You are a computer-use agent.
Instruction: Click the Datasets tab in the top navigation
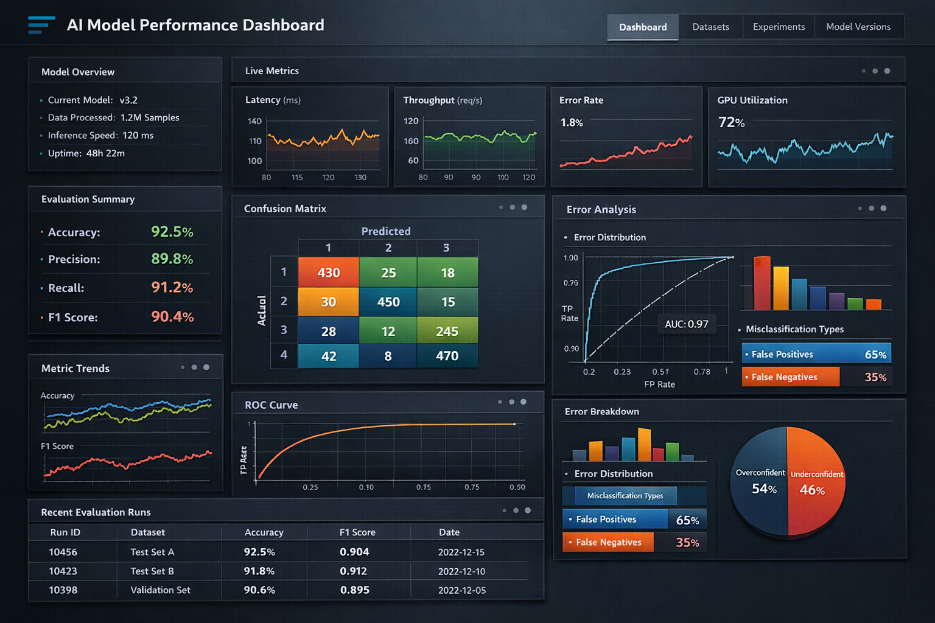coord(710,27)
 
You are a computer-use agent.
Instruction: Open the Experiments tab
coord(779,27)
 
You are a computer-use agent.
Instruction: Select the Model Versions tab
coord(858,27)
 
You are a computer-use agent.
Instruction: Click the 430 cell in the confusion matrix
coord(329,273)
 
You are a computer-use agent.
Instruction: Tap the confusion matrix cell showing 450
coord(388,302)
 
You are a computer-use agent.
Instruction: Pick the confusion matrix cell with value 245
coord(447,331)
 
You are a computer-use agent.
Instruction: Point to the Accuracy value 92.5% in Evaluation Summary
coord(172,232)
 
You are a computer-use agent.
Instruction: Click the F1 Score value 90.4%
coord(172,316)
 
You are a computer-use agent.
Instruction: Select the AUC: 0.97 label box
coord(687,324)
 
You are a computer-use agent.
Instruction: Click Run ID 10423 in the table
coord(63,571)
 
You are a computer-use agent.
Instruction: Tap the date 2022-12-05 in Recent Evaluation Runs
coord(462,590)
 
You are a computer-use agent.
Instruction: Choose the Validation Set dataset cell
coord(160,590)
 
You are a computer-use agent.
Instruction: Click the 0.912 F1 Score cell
coord(354,571)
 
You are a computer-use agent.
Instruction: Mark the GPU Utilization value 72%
coord(731,122)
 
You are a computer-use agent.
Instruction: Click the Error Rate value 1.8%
coord(572,122)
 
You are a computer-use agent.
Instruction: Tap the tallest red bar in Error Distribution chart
coord(762,283)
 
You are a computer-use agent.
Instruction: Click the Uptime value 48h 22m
coord(105,153)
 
